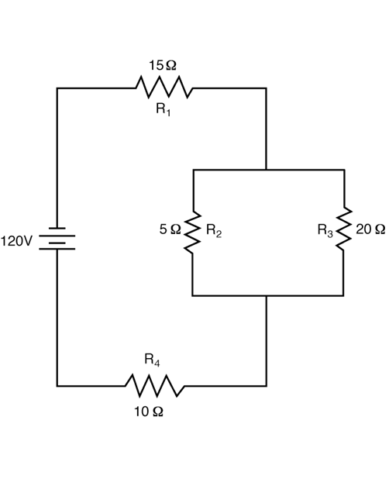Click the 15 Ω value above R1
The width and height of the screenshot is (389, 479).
pos(163,65)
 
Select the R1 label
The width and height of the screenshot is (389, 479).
pos(164,109)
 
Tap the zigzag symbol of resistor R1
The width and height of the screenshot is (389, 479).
pos(164,88)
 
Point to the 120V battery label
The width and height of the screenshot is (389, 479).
pos(16,241)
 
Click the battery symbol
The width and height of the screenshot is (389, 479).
pos(57,239)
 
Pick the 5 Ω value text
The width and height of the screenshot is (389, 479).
pos(170,229)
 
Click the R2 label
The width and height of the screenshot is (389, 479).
pos(214,230)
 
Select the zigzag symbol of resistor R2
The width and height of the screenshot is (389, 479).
pos(192,233)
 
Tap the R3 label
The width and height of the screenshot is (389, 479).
pos(325,230)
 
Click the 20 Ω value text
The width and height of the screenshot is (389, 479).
pos(370,229)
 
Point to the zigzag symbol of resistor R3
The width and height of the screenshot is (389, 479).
pos(344,229)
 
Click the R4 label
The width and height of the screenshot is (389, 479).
pos(152,360)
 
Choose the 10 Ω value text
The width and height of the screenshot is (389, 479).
pos(149,412)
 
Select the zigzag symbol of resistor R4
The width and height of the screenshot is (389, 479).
pos(155,385)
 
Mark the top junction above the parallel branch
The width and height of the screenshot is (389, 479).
pos(267,170)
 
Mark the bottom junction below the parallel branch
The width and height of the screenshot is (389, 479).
pos(267,296)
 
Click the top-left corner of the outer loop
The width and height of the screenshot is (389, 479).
pos(57,88)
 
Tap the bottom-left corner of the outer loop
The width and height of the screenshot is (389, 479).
pos(57,386)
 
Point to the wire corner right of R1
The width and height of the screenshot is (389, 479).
pos(267,88)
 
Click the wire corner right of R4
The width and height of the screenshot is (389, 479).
pos(267,386)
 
